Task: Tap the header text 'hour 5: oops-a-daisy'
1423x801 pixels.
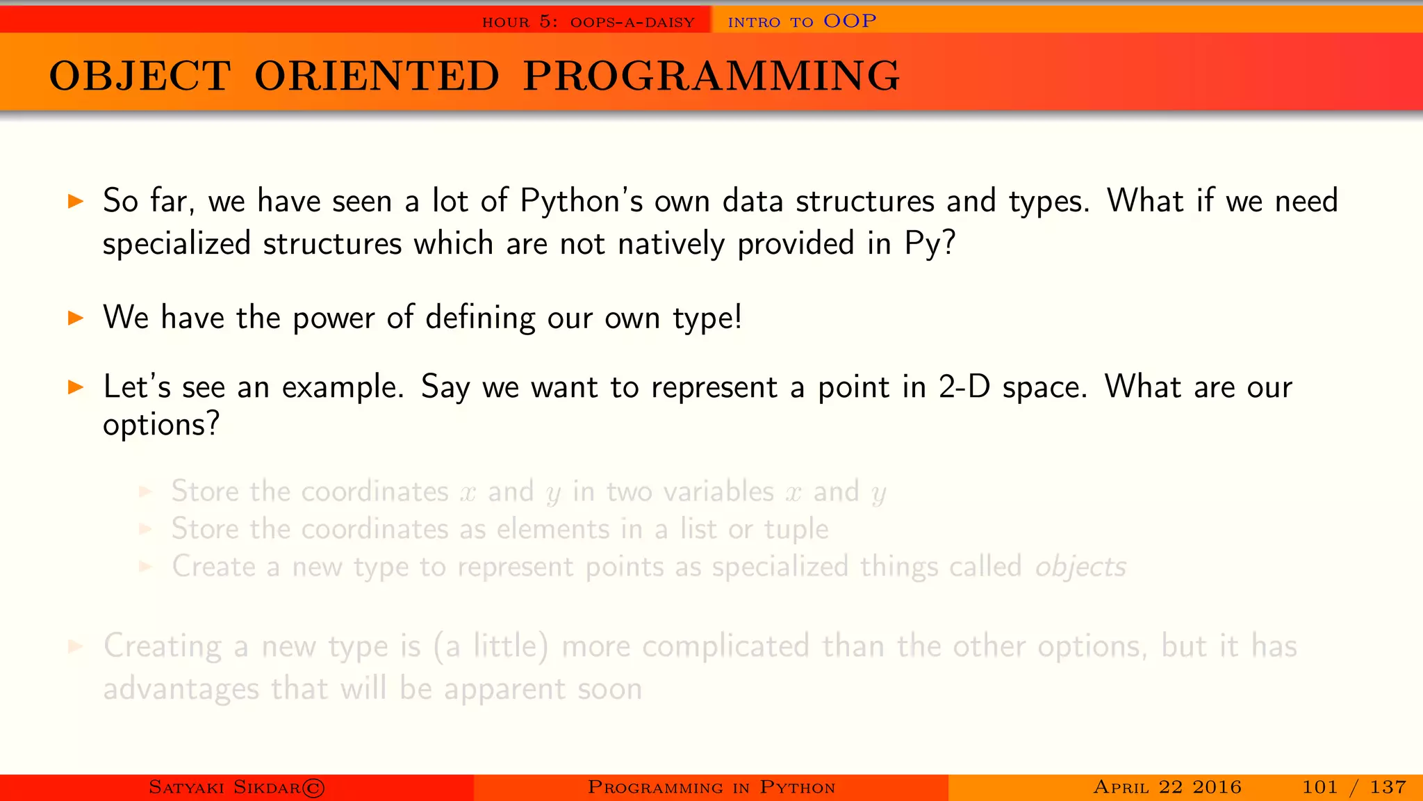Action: point(588,22)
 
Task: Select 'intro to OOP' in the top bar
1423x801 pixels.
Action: point(801,21)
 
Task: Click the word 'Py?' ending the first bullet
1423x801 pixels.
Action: point(930,244)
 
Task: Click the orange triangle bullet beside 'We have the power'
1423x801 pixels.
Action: point(76,318)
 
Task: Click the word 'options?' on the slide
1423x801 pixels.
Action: point(161,424)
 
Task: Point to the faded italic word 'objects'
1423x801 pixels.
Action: point(1080,567)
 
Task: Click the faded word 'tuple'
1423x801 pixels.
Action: point(796,530)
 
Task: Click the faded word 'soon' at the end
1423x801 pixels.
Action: point(609,689)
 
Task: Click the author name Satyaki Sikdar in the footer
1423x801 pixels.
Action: point(224,787)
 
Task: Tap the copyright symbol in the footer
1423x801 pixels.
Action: point(313,788)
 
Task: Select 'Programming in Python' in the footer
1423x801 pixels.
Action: point(711,787)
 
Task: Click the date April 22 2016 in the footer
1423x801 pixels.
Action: point(1167,787)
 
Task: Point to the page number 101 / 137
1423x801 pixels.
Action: point(1354,787)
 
